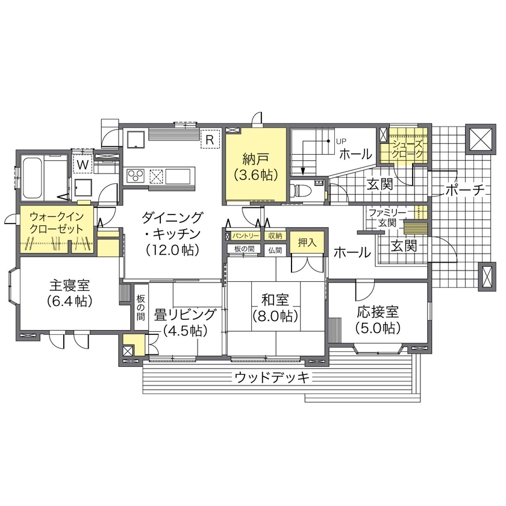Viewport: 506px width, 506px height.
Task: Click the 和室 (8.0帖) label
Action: (276, 307)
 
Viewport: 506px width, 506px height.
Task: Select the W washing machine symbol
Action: (82, 164)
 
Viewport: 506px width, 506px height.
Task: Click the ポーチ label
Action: (465, 191)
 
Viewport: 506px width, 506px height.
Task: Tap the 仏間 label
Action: (275, 249)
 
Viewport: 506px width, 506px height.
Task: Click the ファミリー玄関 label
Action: (387, 218)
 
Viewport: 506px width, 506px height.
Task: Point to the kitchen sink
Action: (179, 176)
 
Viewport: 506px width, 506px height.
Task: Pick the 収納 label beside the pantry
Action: (275, 236)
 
